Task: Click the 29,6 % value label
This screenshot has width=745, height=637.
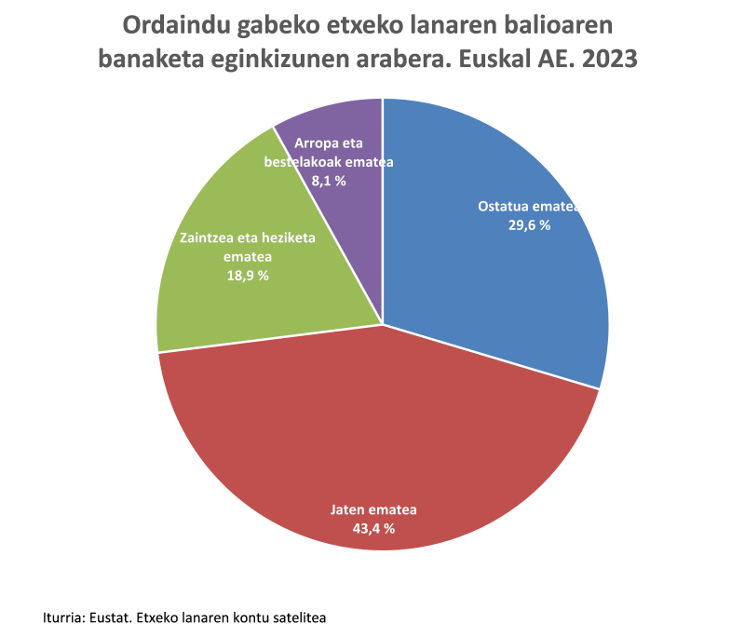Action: (528, 224)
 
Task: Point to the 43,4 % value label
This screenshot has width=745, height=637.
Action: (372, 528)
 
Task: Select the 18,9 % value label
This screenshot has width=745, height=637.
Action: (247, 276)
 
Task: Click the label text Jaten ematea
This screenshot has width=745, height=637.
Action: (374, 509)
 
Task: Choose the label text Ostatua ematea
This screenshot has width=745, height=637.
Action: (528, 206)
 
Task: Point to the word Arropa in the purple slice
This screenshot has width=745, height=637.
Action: (314, 143)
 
